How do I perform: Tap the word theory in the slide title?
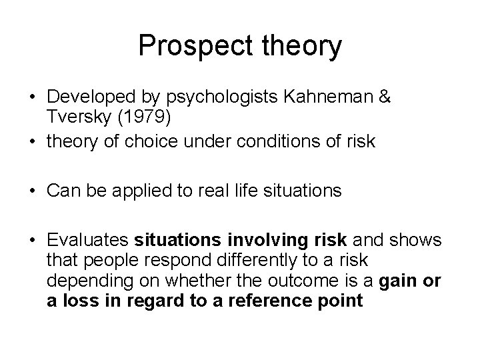point(303,47)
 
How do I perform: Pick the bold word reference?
point(273,301)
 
